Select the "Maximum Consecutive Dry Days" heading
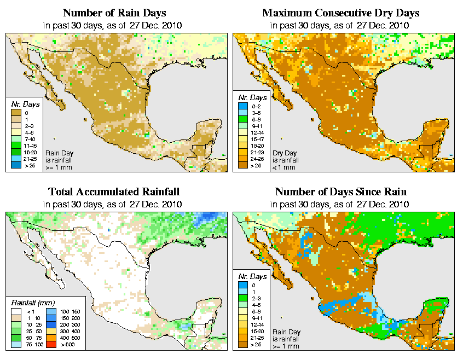click(341, 13)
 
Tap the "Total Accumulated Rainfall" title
click(114, 192)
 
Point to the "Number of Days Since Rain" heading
click(341, 192)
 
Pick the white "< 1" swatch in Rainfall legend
click(16, 311)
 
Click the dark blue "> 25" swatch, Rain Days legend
click(16, 165)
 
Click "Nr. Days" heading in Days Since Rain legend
click(254, 277)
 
